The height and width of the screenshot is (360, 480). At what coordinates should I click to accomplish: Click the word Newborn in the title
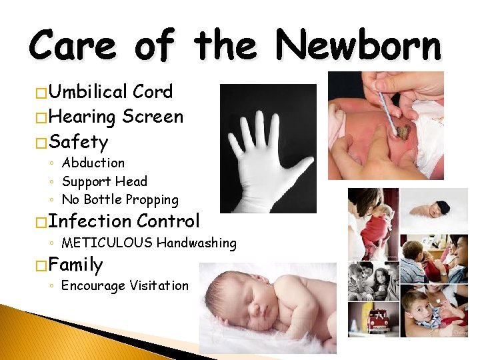click(359, 47)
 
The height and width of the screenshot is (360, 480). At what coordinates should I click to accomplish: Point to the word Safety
click(78, 141)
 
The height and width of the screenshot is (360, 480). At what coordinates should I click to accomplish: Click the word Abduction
click(93, 163)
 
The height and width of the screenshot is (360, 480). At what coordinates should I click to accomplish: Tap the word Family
click(75, 265)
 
